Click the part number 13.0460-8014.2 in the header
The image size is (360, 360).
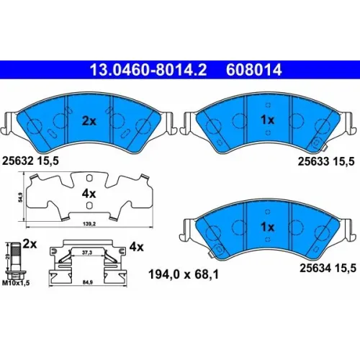(148, 70)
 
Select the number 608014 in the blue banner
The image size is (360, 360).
(254, 70)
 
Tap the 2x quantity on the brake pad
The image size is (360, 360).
(89, 121)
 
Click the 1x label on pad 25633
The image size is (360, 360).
(268, 120)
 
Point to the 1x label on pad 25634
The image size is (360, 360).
(268, 227)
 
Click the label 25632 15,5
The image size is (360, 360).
(30, 161)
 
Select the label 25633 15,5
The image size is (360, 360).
(326, 161)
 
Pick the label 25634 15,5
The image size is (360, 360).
(328, 268)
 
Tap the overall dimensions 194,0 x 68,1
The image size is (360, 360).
(184, 274)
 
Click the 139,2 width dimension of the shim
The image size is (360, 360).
(89, 224)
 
